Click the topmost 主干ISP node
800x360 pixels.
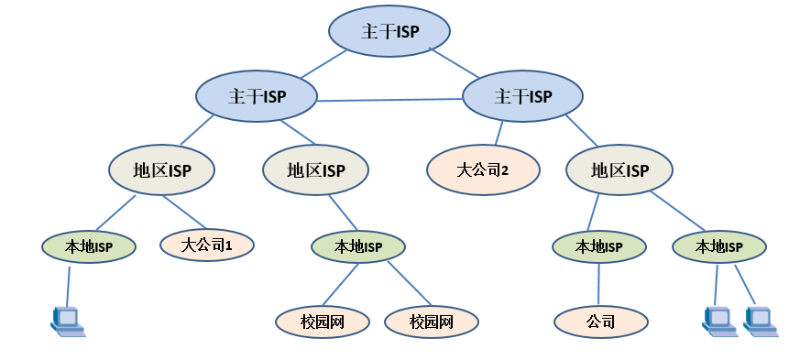point(389,31)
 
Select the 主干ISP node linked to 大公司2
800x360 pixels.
point(522,95)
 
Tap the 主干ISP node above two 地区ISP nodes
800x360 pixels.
point(256,95)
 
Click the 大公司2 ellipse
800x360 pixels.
point(481,169)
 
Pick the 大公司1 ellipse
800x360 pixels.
point(206,245)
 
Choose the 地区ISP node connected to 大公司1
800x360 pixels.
point(161,169)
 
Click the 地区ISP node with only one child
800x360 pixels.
point(315,169)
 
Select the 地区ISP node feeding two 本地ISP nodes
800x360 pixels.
point(619,169)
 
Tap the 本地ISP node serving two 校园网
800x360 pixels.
point(357,245)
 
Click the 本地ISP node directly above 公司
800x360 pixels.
point(598,245)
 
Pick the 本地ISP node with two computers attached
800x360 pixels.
point(718,245)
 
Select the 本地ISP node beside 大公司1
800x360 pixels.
point(88,245)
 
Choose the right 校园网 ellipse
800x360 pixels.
point(431,322)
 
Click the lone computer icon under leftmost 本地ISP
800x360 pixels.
point(68,320)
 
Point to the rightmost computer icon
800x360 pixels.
point(761,319)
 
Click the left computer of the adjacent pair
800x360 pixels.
point(718,319)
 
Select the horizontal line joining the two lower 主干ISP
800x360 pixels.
point(389,98)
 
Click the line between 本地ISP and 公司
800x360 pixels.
point(599,283)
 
